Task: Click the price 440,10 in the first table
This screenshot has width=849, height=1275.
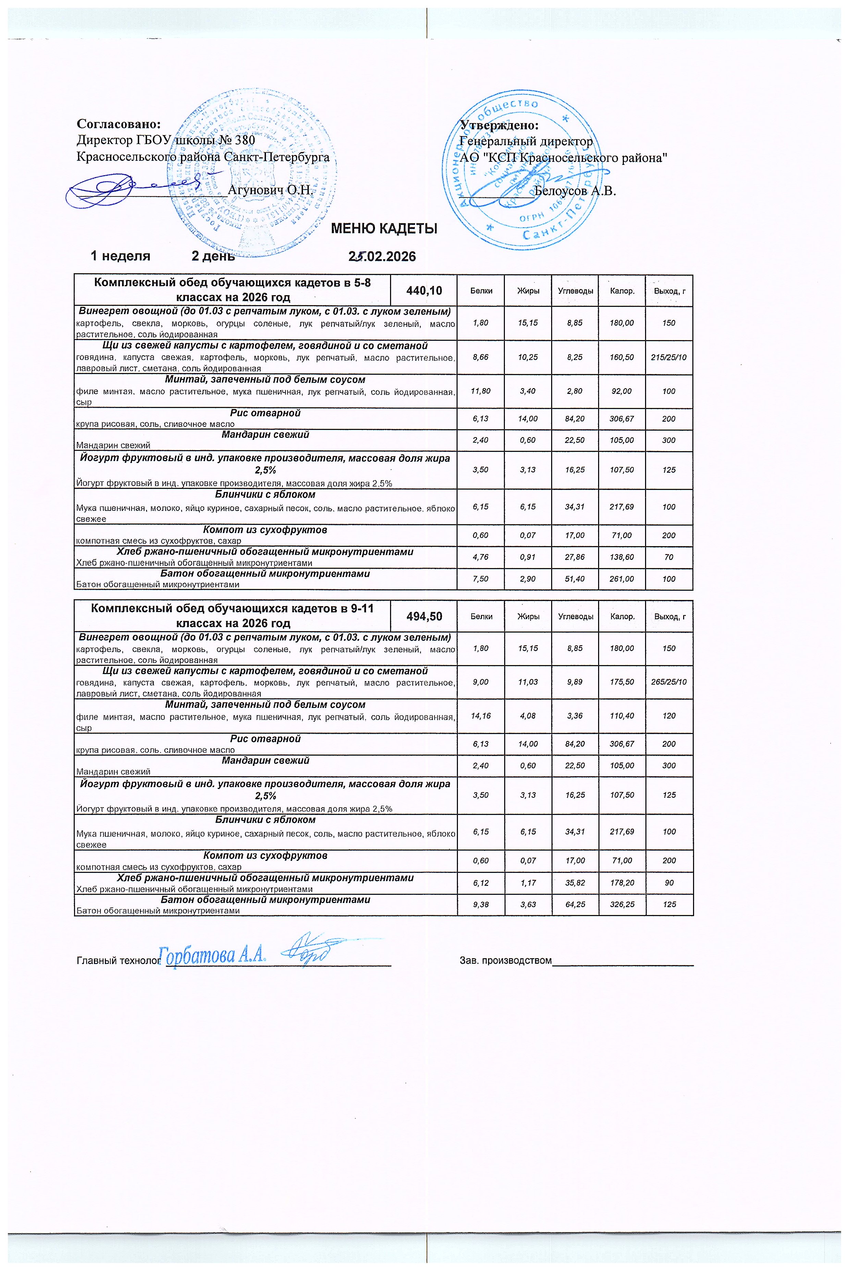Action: (x=424, y=291)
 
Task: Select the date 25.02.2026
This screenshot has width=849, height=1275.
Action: (x=382, y=256)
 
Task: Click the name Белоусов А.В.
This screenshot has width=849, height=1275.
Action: (x=575, y=191)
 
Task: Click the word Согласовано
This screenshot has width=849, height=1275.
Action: (x=119, y=124)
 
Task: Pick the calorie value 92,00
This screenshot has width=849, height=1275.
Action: (x=622, y=391)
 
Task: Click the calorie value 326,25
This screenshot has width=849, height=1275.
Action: (x=622, y=904)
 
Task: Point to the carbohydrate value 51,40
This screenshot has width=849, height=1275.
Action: (x=574, y=579)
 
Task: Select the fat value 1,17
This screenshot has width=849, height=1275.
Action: (x=528, y=883)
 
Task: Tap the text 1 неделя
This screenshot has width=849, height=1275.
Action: (x=120, y=256)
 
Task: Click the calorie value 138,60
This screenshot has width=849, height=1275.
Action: (x=622, y=557)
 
